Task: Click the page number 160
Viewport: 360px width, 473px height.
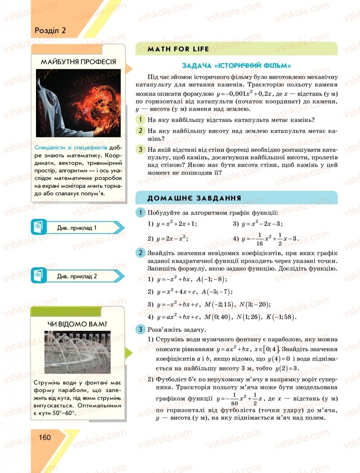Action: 45,437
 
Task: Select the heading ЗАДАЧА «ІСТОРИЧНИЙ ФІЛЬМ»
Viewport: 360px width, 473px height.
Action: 236,66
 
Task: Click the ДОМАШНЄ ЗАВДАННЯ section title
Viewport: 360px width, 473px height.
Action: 194,198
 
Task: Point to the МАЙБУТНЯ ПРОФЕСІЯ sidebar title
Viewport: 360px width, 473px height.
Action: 78,62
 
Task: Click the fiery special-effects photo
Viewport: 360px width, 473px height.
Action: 78,103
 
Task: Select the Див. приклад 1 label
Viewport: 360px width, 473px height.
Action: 77,228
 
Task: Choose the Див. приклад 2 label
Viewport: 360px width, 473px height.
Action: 77,276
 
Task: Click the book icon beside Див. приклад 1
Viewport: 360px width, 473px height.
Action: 39,228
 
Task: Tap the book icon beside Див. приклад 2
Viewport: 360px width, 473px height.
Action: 39,276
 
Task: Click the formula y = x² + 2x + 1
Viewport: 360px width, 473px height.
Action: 176,224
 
